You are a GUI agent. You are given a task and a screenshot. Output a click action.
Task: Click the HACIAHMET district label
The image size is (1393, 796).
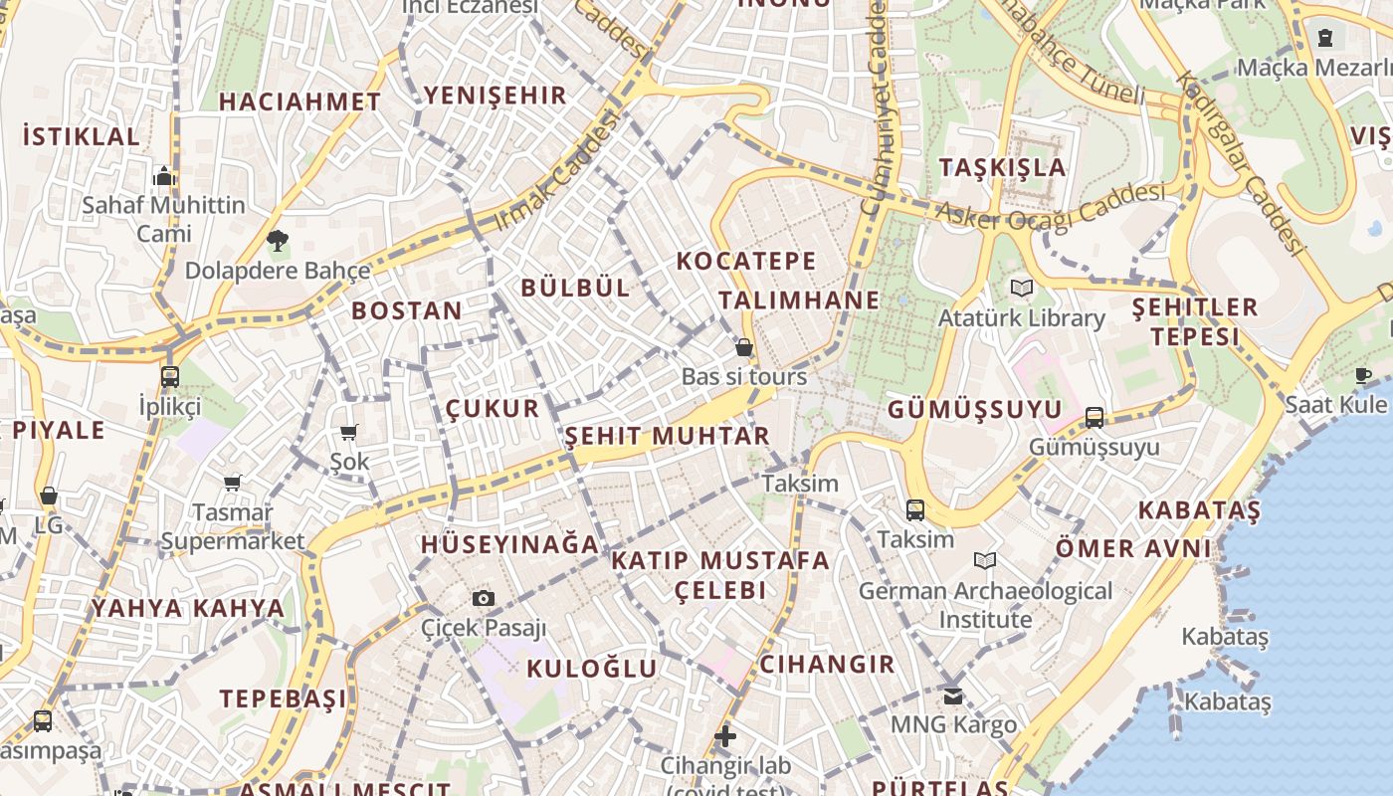tap(299, 101)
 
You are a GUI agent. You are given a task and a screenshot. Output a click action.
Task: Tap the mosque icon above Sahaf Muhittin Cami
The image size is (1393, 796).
tap(164, 177)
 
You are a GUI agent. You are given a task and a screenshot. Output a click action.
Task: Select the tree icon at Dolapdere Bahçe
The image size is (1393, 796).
tap(278, 240)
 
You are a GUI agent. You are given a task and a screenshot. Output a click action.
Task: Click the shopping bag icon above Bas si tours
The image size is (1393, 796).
tap(743, 347)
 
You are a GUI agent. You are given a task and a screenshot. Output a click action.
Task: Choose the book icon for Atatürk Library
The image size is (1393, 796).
tap(1021, 289)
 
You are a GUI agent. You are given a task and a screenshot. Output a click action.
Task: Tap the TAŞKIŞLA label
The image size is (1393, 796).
tap(1003, 167)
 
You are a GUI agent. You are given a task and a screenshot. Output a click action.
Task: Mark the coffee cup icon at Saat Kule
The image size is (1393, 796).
tap(1363, 375)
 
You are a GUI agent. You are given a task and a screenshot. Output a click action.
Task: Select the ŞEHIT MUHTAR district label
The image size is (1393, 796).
tap(668, 436)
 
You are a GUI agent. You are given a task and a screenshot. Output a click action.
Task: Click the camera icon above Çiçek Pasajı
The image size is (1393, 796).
tap(484, 598)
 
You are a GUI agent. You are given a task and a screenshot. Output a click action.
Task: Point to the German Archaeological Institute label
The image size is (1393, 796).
tap(985, 605)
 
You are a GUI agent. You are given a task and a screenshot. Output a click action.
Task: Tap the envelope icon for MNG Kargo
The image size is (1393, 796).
tap(953, 695)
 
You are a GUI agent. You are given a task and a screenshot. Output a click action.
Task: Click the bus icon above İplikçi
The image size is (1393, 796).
tap(170, 377)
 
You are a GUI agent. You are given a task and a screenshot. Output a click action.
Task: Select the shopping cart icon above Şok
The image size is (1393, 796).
tap(349, 432)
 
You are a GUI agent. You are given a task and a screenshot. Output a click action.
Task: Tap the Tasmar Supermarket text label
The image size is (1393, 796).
tap(233, 527)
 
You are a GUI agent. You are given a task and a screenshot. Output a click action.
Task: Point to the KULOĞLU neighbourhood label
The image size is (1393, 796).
tap(592, 669)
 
